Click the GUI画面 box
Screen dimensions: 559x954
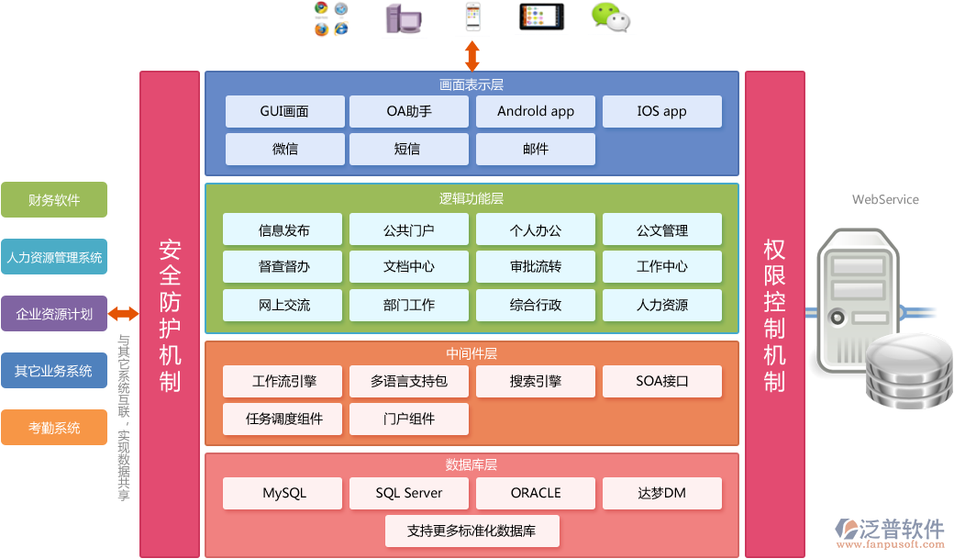pos(284,111)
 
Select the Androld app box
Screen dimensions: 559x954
pos(536,111)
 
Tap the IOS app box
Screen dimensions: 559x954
pos(661,111)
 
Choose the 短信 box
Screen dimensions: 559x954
pos(409,149)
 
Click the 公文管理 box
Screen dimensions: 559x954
pos(661,229)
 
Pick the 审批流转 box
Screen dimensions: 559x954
pos(536,267)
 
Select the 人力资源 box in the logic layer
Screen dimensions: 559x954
pos(661,305)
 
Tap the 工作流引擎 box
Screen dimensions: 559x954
pos(284,381)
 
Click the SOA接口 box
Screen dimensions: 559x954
pos(661,381)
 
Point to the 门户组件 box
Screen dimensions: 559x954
pos(409,419)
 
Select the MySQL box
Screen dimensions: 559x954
pos(284,493)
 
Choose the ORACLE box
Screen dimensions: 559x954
pos(536,493)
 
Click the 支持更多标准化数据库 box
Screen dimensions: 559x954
pos(471,531)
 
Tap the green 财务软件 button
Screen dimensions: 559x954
pos(54,200)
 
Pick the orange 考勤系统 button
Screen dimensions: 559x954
pos(54,428)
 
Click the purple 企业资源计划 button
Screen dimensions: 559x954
pos(54,314)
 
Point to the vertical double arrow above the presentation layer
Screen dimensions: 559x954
pos(471,56)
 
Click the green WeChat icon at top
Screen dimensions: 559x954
pos(611,17)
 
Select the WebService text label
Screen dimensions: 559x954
pos(885,199)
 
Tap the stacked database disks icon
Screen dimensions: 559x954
pos(910,372)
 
